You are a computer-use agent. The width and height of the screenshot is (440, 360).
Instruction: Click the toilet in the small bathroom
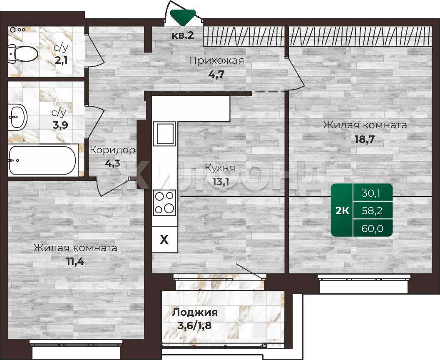[x=23, y=54]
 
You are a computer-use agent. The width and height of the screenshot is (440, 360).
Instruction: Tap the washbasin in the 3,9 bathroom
[x=17, y=117]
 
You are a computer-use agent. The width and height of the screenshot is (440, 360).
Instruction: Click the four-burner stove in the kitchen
[x=164, y=202]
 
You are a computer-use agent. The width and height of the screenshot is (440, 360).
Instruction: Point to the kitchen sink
[x=164, y=133]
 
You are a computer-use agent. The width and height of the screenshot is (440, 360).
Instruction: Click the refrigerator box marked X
[x=165, y=240]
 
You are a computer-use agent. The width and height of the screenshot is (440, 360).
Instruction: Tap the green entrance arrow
[x=183, y=17]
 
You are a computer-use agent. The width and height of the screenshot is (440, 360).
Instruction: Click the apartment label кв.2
[x=183, y=35]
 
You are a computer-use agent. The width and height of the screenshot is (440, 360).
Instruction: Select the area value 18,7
[x=365, y=139]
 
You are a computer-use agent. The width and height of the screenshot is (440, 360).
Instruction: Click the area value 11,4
[x=75, y=262]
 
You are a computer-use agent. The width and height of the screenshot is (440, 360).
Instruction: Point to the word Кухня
[x=220, y=168]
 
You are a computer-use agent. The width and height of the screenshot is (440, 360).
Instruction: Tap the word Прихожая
[x=216, y=60]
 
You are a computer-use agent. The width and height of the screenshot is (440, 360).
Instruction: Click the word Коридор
[x=112, y=150]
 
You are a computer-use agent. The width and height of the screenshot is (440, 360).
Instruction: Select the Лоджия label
[x=195, y=312]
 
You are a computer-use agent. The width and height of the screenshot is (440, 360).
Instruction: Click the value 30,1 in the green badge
[x=370, y=193]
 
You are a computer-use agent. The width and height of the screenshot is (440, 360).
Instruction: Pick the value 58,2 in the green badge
[x=372, y=210]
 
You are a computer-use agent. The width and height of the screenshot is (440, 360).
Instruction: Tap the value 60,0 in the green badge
[x=372, y=229]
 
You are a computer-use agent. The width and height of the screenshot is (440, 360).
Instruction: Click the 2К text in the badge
[x=342, y=210]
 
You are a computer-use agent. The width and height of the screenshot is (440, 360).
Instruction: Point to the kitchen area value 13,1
[x=221, y=182]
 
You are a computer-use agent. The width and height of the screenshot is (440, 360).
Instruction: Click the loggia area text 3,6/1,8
[x=195, y=326]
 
